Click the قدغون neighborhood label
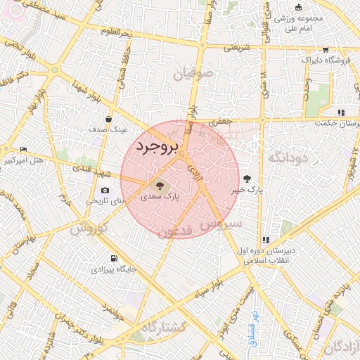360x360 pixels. [174, 231]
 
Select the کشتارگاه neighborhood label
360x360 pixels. [163, 327]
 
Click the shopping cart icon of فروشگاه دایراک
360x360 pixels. [325, 49]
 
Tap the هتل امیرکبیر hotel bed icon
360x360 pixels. [23, 149]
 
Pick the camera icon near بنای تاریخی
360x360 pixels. [105, 190]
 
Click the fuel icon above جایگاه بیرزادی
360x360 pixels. [115, 258]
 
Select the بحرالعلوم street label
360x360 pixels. [116, 32]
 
